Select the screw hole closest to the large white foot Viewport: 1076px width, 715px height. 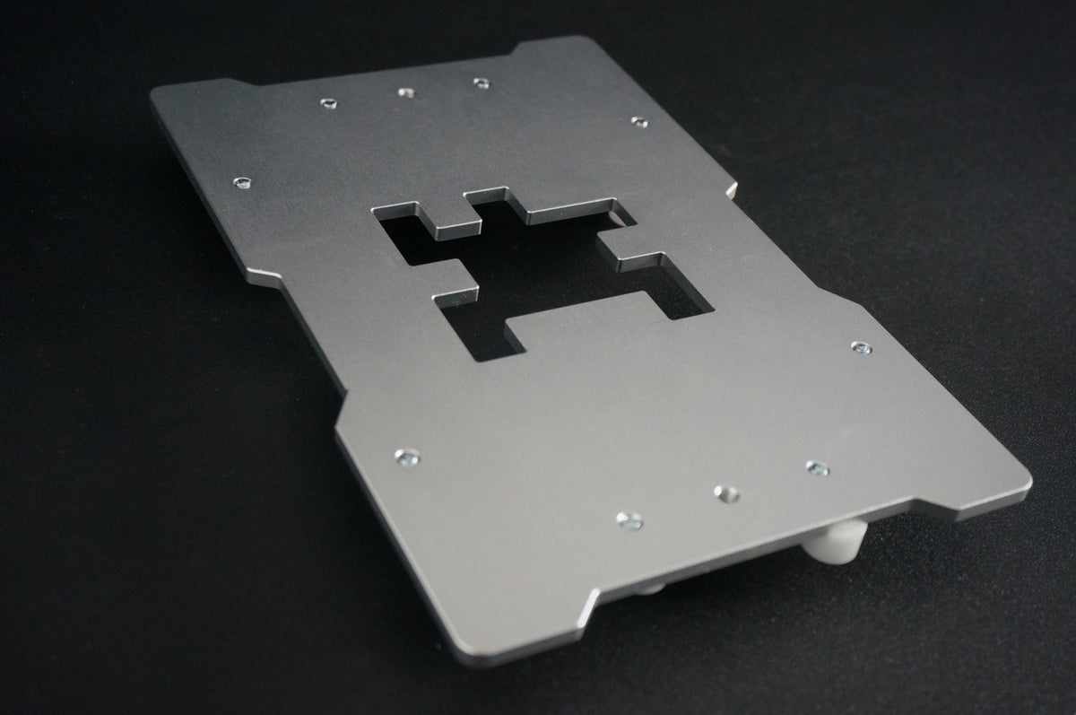[x=816, y=467]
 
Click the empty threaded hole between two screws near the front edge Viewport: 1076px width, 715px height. [x=725, y=493]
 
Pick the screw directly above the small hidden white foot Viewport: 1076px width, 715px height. [x=629, y=519]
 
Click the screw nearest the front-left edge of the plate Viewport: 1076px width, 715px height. [x=407, y=457]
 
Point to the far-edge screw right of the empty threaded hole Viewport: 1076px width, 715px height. [x=482, y=83]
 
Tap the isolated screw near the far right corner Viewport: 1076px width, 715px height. [x=638, y=120]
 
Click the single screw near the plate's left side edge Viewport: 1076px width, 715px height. [x=240, y=184]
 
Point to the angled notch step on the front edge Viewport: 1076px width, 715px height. [x=592, y=601]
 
